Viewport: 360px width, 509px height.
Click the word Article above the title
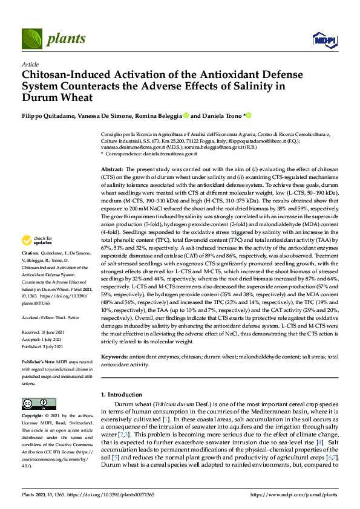pos(30,63)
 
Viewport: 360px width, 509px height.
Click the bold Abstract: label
pos(112,170)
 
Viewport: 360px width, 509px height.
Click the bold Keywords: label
pos(115,358)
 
